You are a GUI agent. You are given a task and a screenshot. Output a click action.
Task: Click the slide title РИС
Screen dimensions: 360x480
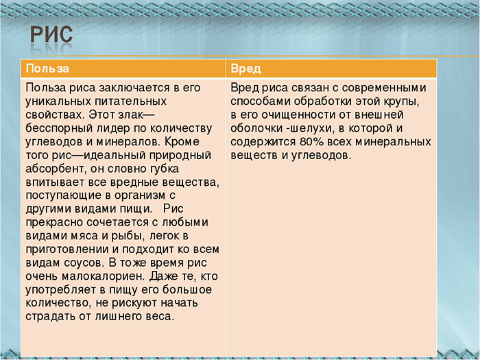point(51,38)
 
